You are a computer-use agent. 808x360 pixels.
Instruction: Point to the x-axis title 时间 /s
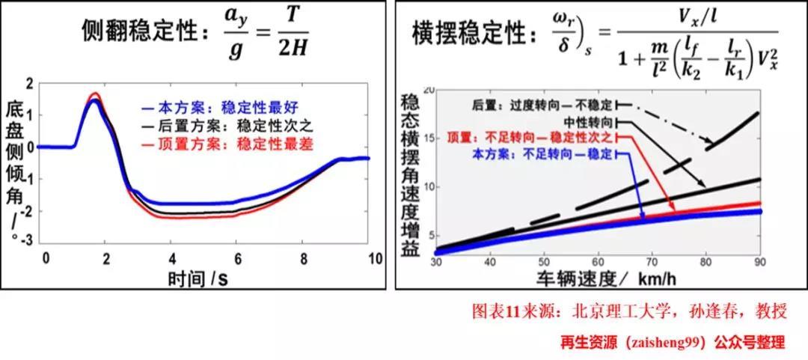[x=198, y=278]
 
